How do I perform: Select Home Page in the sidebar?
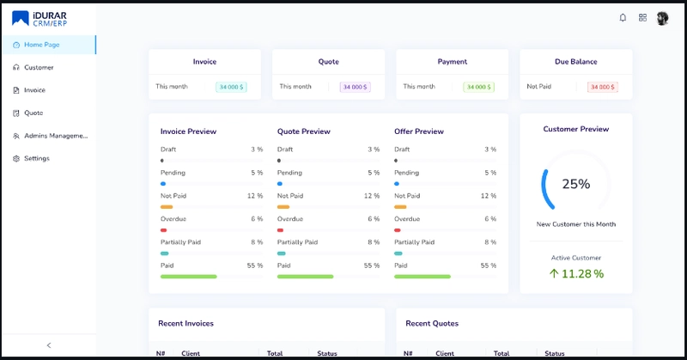pyautogui.click(x=41, y=45)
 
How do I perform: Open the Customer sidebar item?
pyautogui.click(x=39, y=67)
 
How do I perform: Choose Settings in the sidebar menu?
pyautogui.click(x=36, y=158)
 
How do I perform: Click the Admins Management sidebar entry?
pyautogui.click(x=55, y=136)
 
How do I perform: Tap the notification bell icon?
pyautogui.click(x=623, y=18)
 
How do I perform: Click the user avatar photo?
pyautogui.click(x=662, y=18)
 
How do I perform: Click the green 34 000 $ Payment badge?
pyautogui.click(x=478, y=87)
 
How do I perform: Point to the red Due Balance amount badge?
pyautogui.click(x=603, y=87)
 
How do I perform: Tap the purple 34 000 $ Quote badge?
pyautogui.click(x=355, y=87)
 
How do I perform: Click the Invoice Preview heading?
pyautogui.click(x=188, y=131)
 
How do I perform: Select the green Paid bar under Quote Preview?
pyautogui.click(x=305, y=277)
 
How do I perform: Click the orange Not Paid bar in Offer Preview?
pyautogui.click(x=400, y=207)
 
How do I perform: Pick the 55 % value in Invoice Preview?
pyautogui.click(x=255, y=265)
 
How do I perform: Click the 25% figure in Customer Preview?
pyautogui.click(x=575, y=184)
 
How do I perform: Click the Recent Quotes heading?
pyautogui.click(x=432, y=323)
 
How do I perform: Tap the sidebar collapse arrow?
pyautogui.click(x=49, y=345)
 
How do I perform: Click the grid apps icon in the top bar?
pyautogui.click(x=642, y=18)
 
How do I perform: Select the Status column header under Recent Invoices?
pyautogui.click(x=327, y=353)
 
